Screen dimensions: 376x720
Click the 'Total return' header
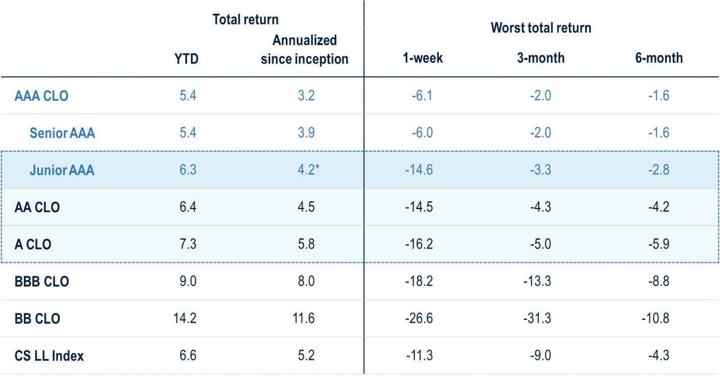[245, 20]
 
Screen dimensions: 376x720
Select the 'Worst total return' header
[540, 28]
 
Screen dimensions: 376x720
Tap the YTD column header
[186, 59]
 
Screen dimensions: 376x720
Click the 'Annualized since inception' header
[305, 49]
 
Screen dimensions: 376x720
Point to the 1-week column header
[423, 58]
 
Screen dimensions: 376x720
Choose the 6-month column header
[659, 58]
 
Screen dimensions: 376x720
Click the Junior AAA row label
[62, 170]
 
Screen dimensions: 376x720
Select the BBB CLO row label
[42, 282]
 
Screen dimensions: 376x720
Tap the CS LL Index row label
[49, 356]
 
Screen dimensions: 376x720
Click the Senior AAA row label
[62, 133]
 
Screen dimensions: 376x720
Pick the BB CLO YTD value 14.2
[185, 318]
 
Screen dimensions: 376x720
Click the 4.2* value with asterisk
[308, 170]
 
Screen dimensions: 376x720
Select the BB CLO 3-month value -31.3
[537, 318]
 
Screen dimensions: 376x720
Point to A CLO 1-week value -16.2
[419, 244]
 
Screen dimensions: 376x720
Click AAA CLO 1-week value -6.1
[422, 96]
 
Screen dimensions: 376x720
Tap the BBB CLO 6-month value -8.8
[658, 282]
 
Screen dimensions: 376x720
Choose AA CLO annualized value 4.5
[306, 207]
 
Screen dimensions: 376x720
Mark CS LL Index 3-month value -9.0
[540, 356]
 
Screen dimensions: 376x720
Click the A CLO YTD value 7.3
[188, 244]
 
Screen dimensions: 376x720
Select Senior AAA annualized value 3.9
[306, 133]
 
